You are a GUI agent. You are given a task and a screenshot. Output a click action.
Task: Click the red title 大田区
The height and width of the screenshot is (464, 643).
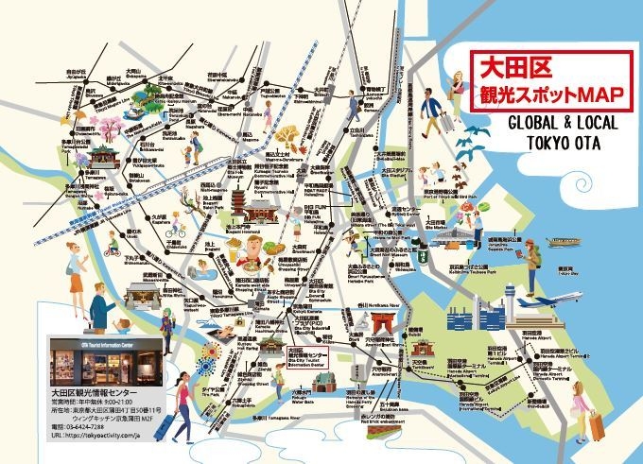tap(508, 68)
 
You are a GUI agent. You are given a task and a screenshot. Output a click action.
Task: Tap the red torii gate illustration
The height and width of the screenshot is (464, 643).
tap(383, 324)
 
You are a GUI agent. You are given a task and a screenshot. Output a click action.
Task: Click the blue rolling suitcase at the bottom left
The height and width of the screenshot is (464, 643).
tap(162, 427)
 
